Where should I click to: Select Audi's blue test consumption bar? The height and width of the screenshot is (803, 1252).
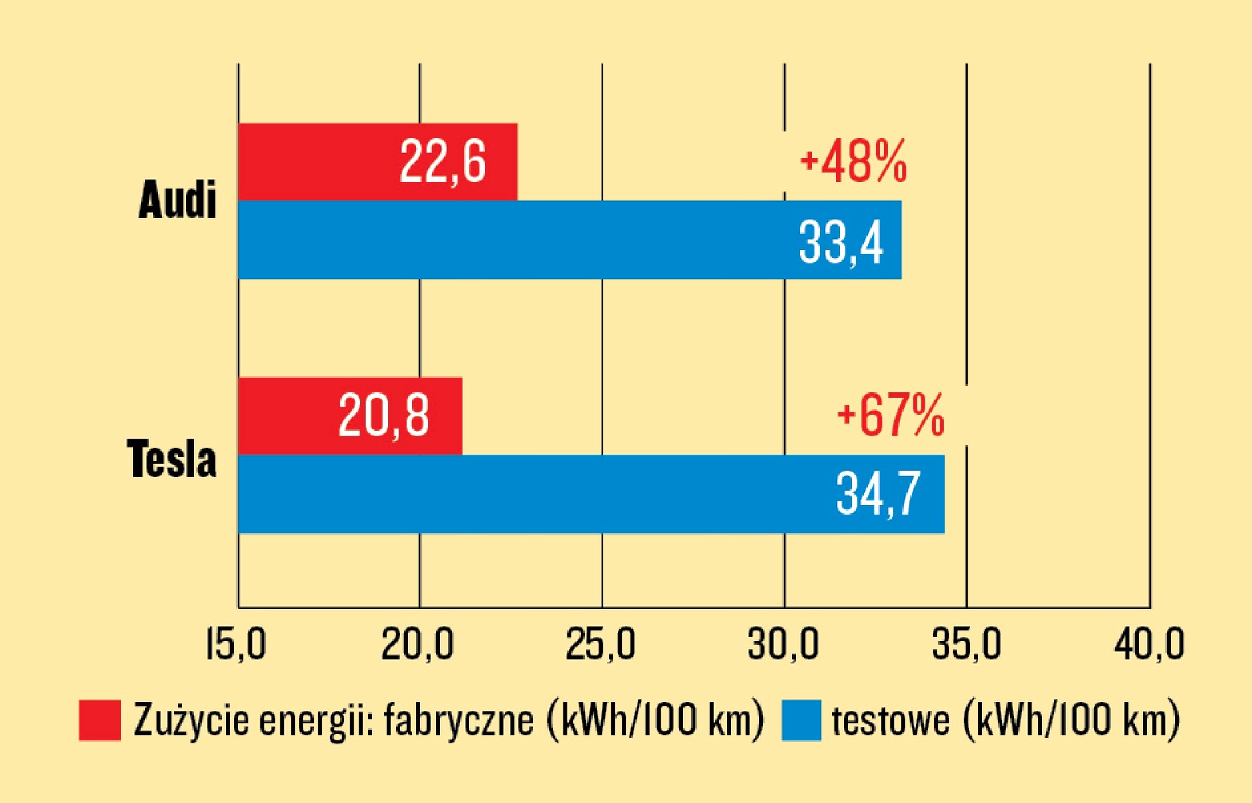(x=506, y=240)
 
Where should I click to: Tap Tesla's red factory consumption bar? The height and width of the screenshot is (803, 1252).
(x=286, y=416)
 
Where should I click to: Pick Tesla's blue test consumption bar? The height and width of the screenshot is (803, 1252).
(x=519, y=494)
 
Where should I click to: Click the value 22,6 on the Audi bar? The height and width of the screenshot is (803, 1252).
(x=443, y=162)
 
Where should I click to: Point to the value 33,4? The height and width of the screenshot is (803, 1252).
(x=841, y=242)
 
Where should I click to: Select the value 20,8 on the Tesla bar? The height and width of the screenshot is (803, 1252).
(x=384, y=416)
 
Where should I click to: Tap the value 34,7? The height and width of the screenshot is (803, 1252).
(x=878, y=494)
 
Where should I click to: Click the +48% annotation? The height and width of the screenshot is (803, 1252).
(x=854, y=162)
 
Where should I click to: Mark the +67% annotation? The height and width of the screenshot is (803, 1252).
(x=891, y=415)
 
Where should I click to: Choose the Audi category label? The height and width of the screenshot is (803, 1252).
(x=177, y=200)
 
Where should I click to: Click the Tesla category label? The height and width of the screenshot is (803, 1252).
(x=172, y=459)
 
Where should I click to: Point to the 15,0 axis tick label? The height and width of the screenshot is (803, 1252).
(x=236, y=645)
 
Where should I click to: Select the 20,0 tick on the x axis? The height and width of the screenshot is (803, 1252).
(x=418, y=645)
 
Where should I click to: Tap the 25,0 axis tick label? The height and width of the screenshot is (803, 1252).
(x=601, y=645)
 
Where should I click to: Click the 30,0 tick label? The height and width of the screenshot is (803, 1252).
(x=783, y=645)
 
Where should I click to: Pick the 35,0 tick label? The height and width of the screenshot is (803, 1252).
(x=966, y=645)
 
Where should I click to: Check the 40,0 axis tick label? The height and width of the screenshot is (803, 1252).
(x=1149, y=645)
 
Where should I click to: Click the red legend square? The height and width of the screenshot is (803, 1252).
(x=100, y=720)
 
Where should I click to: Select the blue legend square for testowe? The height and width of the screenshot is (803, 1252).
(x=801, y=720)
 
